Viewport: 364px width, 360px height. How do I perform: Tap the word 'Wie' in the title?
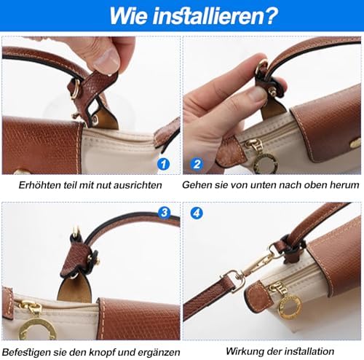tap(128, 15)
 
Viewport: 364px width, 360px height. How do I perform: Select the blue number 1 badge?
tap(163, 164)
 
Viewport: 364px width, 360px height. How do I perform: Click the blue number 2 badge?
tap(197, 164)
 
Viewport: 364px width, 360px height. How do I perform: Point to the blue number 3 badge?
tap(165, 213)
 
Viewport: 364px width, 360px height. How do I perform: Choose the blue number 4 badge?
tap(197, 213)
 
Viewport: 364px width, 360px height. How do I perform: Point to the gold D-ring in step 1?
tap(75, 88)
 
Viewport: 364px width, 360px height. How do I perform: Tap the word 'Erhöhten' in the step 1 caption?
tap(40, 185)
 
